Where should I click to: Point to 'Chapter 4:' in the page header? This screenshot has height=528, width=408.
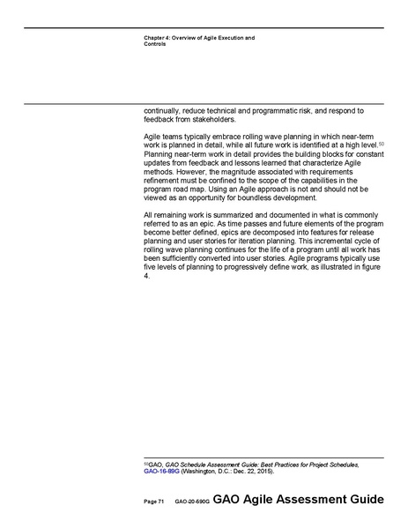coord(158,38)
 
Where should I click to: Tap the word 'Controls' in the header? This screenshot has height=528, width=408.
coord(154,44)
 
